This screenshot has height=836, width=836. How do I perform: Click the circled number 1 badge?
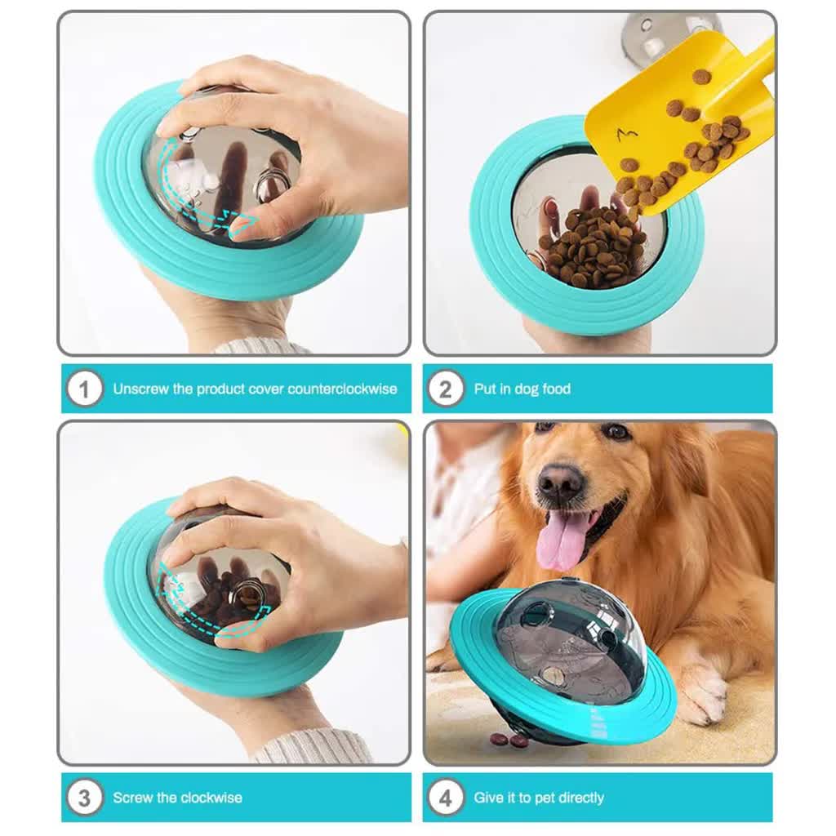(84, 389)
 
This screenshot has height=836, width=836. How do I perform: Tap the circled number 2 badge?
(445, 389)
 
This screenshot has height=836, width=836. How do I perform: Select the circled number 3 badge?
(84, 798)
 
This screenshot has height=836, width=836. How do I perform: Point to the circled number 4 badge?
(445, 798)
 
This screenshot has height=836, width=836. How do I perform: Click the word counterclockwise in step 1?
(342, 389)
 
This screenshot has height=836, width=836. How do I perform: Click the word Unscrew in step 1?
(140, 389)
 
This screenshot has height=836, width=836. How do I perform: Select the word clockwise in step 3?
(211, 798)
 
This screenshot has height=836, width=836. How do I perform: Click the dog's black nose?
(560, 478)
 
